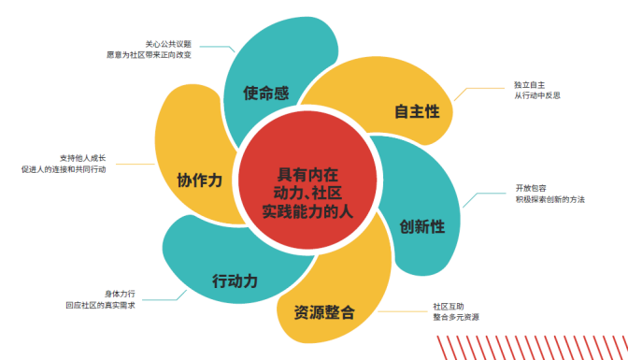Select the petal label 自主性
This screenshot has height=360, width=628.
416,112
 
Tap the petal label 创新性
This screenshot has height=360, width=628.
421,226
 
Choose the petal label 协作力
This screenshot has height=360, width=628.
199,180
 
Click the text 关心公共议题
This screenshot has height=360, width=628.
168,43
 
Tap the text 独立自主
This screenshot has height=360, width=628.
529,84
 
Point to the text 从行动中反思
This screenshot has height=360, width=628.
536,95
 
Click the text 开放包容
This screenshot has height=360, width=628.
530,188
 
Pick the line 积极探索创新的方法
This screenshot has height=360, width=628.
549,199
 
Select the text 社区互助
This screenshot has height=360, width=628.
448,306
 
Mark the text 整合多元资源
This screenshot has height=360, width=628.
456,318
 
